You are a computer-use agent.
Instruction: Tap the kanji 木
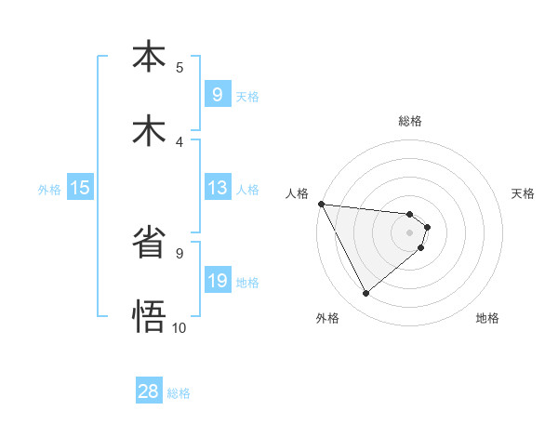pyautogui.click(x=149, y=131)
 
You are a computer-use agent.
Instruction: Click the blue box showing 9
pyautogui.click(x=217, y=95)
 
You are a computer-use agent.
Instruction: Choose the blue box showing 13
pyautogui.click(x=217, y=188)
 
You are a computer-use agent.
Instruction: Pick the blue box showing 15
pyautogui.click(x=80, y=188)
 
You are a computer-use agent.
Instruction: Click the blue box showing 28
pyautogui.click(x=149, y=391)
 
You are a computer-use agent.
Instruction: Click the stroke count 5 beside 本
pyautogui.click(x=179, y=68)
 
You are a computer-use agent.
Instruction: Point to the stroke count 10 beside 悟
pyautogui.click(x=179, y=327)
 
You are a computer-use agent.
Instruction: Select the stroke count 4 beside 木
pyautogui.click(x=179, y=142)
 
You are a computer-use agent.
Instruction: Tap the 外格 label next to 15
pyautogui.click(x=49, y=189)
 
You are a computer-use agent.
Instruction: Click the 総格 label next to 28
pyautogui.click(x=179, y=392)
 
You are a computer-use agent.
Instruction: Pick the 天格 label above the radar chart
pyautogui.click(x=523, y=193)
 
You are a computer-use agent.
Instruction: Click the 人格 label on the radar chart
pyautogui.click(x=296, y=193)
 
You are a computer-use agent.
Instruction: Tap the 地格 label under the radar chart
pyautogui.click(x=487, y=318)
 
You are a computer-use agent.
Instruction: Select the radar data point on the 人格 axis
pyautogui.click(x=320, y=204)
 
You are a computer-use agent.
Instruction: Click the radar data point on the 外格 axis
pyautogui.click(x=365, y=294)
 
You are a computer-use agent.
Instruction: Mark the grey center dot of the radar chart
pyautogui.click(x=409, y=232)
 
